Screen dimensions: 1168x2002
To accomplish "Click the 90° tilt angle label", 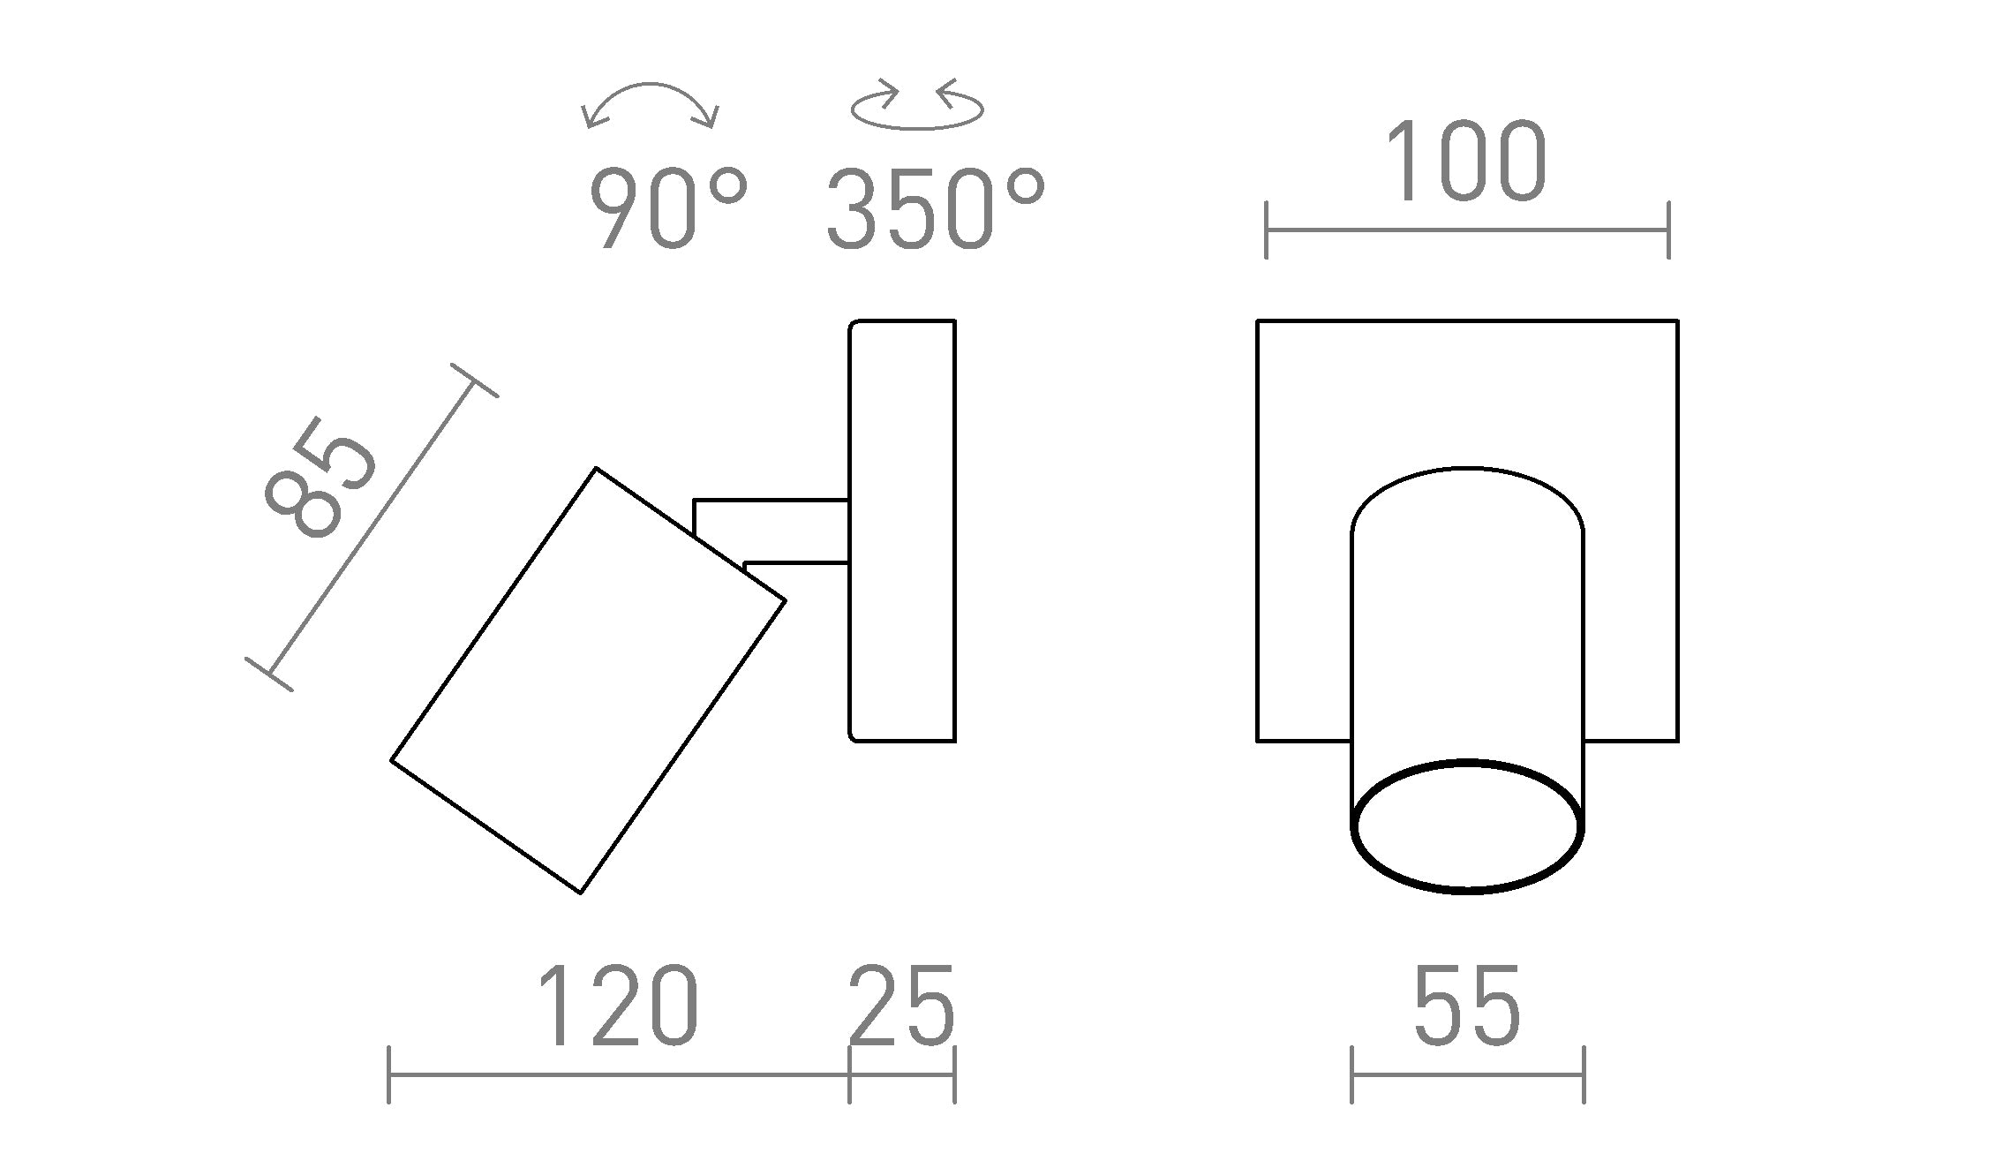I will [x=667, y=209].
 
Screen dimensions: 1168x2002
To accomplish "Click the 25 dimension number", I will [x=901, y=1006].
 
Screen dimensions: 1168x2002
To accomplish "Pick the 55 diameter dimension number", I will [x=1467, y=1006].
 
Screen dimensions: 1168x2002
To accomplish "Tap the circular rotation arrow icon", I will [x=917, y=108].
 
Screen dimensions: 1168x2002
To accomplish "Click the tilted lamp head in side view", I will [x=588, y=680].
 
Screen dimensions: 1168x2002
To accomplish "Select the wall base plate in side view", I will [x=902, y=531].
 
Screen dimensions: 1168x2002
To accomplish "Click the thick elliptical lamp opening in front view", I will [x=1467, y=826].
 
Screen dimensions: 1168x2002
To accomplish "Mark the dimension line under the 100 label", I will [x=1466, y=230].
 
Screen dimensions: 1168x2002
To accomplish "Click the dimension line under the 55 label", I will [x=1467, y=1074].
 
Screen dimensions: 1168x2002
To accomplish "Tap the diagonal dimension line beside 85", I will [x=371, y=527].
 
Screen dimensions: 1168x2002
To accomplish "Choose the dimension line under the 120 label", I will [x=618, y=1074].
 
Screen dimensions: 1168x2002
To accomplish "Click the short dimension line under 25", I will [x=901, y=1074].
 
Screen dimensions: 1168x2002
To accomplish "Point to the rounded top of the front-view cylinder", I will [x=1467, y=486].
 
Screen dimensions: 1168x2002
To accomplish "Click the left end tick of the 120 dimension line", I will [x=389, y=1074].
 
